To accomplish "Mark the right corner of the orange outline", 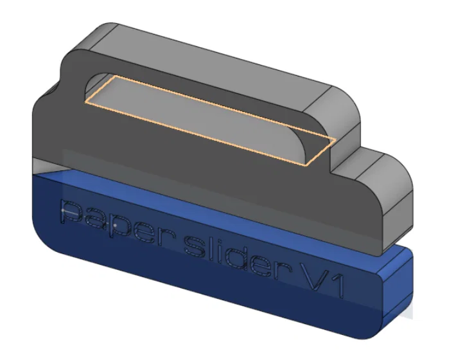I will coord(335,139).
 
